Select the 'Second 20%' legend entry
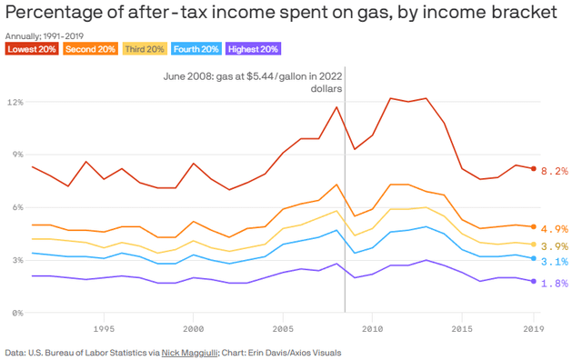click(x=90, y=48)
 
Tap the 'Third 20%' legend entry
click(x=145, y=48)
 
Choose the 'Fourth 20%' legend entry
click(x=196, y=48)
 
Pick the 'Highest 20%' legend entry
click(x=252, y=48)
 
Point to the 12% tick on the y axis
click(x=15, y=101)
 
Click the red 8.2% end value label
click(x=555, y=171)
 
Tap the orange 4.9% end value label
click(x=555, y=229)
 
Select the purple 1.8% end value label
click(x=555, y=284)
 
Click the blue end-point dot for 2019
click(x=534, y=258)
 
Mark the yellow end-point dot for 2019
click(x=534, y=244)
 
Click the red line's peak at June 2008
click(x=336, y=107)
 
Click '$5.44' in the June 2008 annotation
click(x=254, y=75)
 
